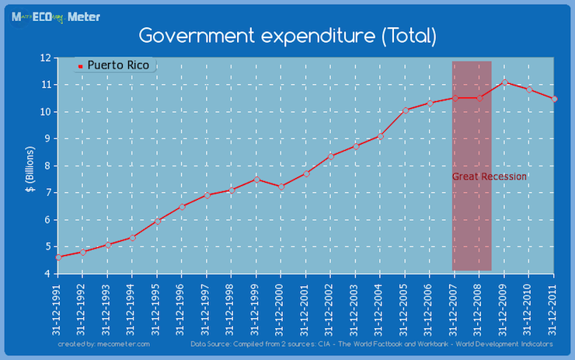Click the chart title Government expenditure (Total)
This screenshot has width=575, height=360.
pyautogui.click(x=287, y=36)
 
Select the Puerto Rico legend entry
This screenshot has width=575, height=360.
pyautogui.click(x=117, y=65)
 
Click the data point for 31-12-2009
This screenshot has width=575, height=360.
pyautogui.click(x=504, y=82)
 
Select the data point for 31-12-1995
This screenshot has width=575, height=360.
pyautogui.click(x=157, y=221)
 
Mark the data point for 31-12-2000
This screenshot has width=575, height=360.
pyautogui.click(x=281, y=187)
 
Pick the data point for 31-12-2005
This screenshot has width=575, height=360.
pyautogui.click(x=405, y=110)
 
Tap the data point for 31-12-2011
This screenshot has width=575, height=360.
pyautogui.click(x=554, y=99)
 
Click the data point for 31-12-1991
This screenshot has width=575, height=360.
pyautogui.click(x=58, y=257)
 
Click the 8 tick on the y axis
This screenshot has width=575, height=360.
pyautogui.click(x=47, y=166)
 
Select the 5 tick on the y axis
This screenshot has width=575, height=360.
pyautogui.click(x=47, y=246)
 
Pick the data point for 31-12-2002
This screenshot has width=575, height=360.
pyautogui.click(x=331, y=156)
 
